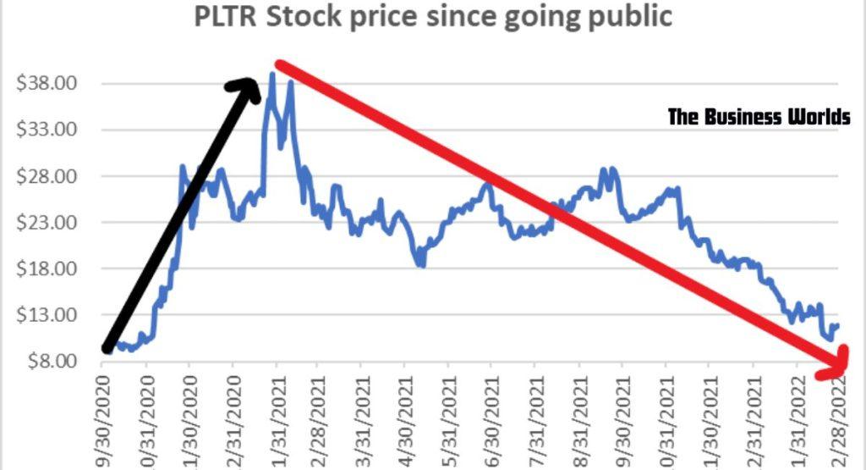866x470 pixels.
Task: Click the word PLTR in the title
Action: coord(226,18)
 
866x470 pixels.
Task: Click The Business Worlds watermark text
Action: coord(759,117)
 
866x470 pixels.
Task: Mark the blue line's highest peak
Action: coord(271,74)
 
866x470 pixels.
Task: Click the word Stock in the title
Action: coord(302,18)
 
